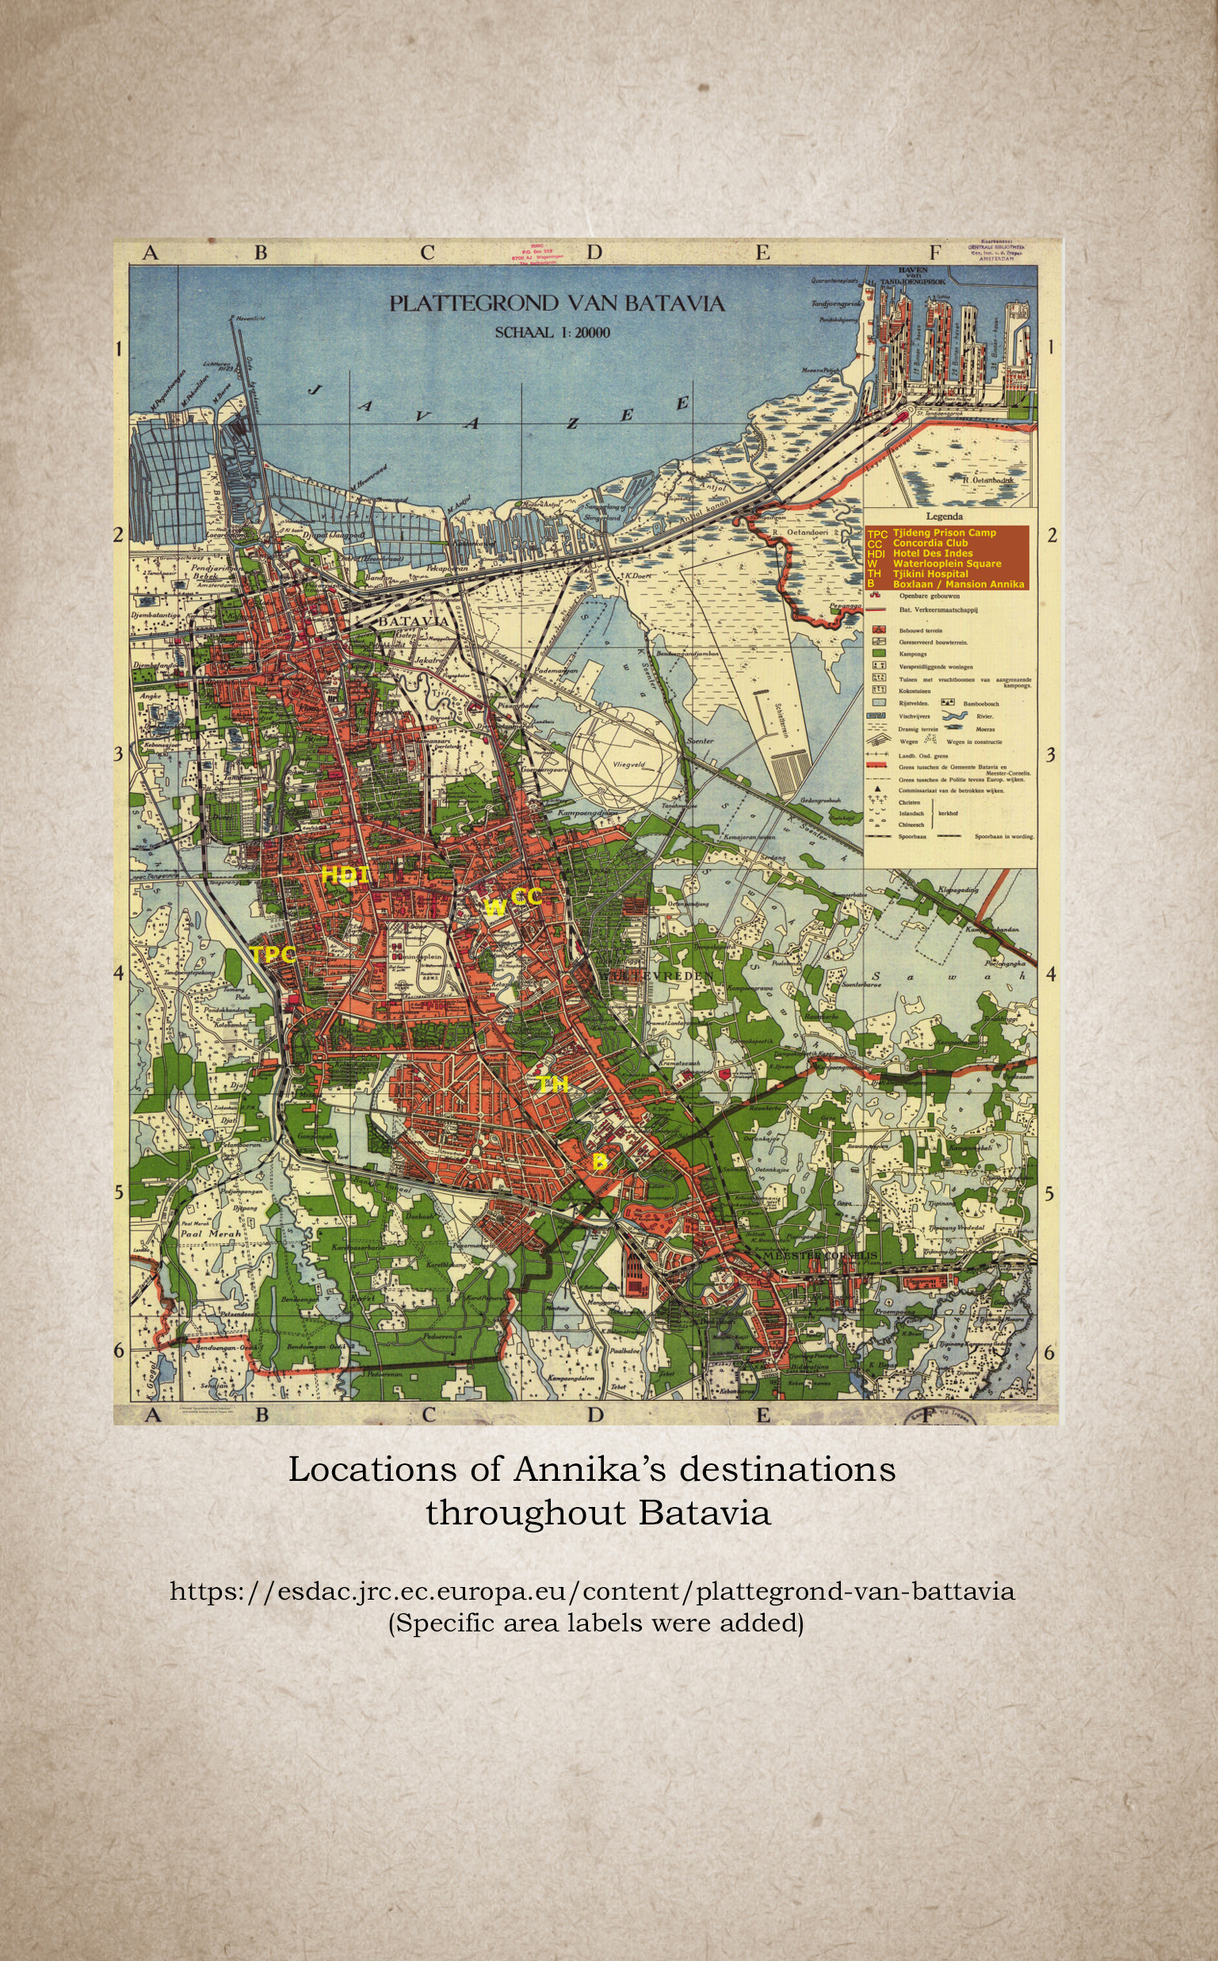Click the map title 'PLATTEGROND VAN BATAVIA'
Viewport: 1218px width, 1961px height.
[x=556, y=303]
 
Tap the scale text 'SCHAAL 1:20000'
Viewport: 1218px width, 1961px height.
[x=552, y=333]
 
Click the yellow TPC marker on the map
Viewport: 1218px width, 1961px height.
[x=273, y=955]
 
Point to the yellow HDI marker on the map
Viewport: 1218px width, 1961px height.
[x=345, y=875]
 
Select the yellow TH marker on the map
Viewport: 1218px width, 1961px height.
[x=552, y=1085]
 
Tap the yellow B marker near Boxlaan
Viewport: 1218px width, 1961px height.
[x=599, y=1161]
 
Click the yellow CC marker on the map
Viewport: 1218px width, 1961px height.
[x=526, y=896]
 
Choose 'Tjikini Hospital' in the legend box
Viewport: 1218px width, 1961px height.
[x=930, y=574]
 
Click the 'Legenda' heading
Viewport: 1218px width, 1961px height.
[x=944, y=517]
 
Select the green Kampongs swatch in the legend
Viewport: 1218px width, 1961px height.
[x=880, y=654]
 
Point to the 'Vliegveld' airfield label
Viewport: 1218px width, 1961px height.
[x=629, y=765]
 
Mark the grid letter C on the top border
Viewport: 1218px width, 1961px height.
[x=427, y=253]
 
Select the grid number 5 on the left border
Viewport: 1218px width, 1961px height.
[x=118, y=1192]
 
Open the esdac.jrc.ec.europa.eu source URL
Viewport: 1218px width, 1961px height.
[x=592, y=1591]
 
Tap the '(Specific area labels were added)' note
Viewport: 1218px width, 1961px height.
[x=595, y=1622]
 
